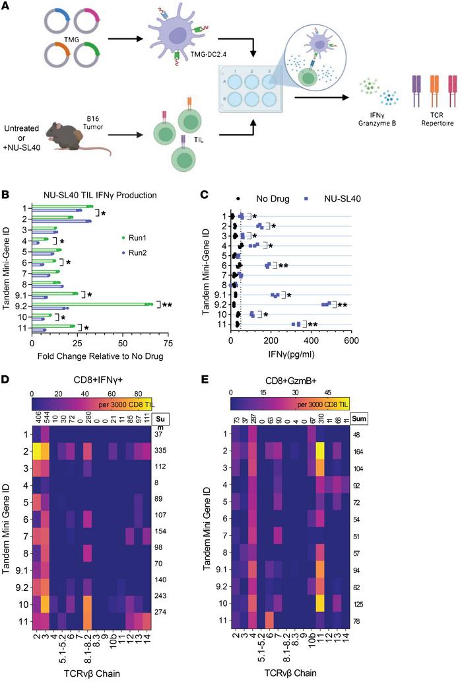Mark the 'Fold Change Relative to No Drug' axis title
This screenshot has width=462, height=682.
click(x=99, y=356)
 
